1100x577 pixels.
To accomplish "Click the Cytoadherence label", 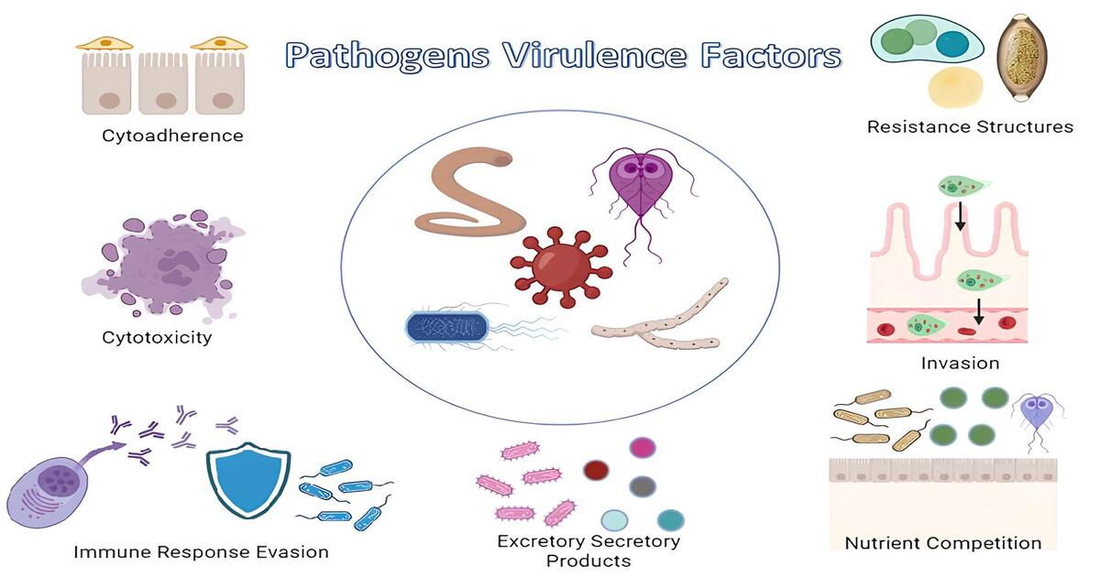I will [x=173, y=136].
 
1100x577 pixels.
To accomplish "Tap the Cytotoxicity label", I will [x=157, y=337].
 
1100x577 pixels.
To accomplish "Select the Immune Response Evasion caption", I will [x=201, y=551].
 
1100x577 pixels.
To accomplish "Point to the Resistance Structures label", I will [x=970, y=126].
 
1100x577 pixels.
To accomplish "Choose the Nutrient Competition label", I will [x=943, y=542].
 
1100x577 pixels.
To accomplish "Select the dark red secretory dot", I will [x=597, y=471].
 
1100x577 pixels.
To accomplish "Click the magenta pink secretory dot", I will [x=643, y=447].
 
